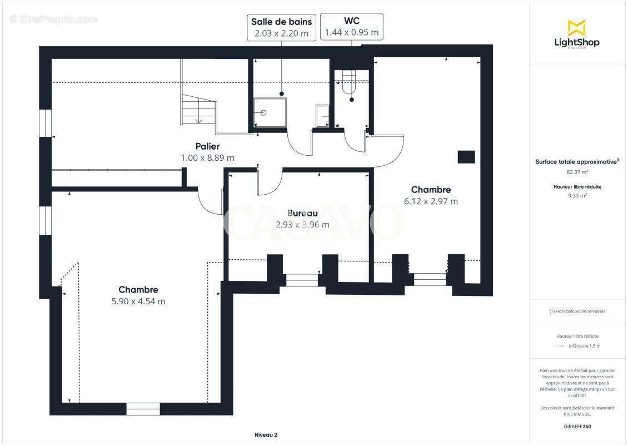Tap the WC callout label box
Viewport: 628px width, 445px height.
point(351,27)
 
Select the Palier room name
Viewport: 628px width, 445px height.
point(207,146)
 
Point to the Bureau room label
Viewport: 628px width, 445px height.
point(302,213)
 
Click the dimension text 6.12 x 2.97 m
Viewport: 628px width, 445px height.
point(431,201)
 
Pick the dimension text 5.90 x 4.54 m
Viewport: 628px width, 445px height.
point(138,301)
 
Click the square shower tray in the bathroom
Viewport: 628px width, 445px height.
point(270,113)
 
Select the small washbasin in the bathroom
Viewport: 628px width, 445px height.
point(322,115)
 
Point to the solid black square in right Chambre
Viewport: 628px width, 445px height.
point(466,157)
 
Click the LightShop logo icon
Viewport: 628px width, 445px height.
point(576,28)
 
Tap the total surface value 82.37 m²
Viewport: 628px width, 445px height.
point(576,172)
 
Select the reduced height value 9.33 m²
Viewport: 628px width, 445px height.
point(576,196)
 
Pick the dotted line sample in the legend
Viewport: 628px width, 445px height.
point(560,346)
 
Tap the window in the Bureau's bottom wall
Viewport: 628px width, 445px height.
point(302,280)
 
